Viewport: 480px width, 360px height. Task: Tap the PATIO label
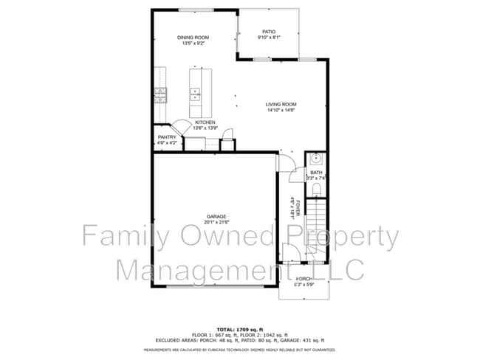269,32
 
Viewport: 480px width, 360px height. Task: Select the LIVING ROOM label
281,105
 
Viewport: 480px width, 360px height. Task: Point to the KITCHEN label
205,122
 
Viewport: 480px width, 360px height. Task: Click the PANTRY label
167,136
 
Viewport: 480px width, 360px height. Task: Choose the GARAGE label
216,216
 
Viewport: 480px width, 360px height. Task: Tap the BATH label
316,173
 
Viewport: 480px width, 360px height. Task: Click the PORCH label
304,279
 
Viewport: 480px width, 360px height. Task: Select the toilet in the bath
315,190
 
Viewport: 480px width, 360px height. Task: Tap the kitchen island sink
196,93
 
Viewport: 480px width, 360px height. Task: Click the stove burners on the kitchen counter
160,94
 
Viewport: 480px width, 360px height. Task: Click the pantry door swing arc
179,128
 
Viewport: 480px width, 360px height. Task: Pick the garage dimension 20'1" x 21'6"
216,222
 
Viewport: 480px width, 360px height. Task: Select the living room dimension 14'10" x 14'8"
281,111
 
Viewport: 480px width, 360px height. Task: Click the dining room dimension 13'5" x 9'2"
193,44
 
